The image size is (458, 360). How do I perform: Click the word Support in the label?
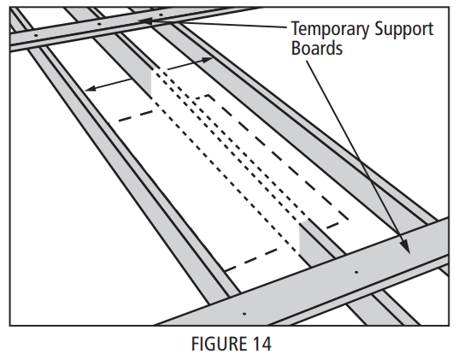404,30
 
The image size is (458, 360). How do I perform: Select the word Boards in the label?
317,48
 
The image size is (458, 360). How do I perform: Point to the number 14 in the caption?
261,344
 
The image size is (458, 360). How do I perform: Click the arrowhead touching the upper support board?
144,21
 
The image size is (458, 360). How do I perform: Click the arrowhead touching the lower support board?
405,246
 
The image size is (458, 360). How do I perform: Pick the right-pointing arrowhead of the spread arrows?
208,60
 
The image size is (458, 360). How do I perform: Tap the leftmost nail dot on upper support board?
36,36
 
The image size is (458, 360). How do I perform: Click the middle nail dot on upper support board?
99,24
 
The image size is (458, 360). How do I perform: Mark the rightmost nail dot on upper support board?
161,15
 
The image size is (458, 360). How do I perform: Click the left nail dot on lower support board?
244,314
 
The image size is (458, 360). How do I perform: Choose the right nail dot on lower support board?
356,272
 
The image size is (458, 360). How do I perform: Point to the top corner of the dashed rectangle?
208,95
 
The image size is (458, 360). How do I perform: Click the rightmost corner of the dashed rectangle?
349,219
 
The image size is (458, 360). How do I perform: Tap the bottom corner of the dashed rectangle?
225,270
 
